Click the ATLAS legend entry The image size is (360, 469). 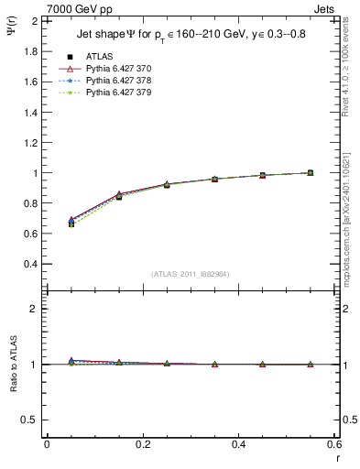(x=100, y=56)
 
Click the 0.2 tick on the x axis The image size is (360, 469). (x=142, y=443)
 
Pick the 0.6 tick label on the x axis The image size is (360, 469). (x=333, y=443)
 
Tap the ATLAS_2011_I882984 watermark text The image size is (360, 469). (x=191, y=273)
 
